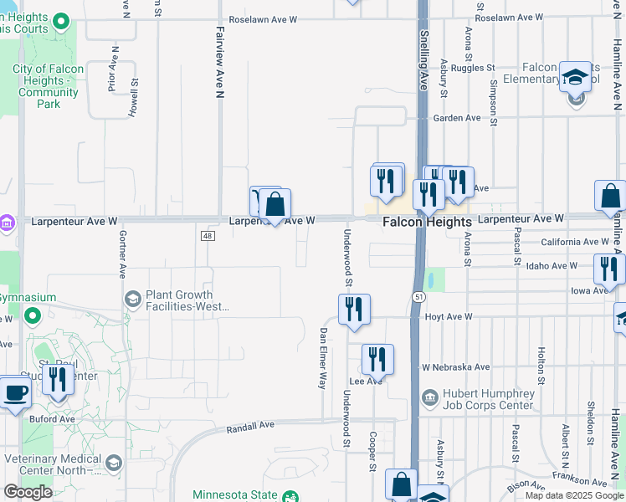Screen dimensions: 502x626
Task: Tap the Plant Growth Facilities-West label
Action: click(x=178, y=300)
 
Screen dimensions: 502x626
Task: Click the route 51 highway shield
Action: click(x=416, y=297)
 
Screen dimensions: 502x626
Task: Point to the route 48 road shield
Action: click(x=206, y=237)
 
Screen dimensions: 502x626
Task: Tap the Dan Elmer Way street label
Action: click(x=321, y=357)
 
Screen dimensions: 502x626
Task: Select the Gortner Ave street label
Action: click(x=122, y=254)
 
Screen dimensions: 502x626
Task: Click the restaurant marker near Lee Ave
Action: click(x=377, y=359)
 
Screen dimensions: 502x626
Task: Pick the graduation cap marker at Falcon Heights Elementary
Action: click(x=575, y=77)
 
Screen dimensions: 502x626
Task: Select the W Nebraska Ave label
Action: click(x=455, y=366)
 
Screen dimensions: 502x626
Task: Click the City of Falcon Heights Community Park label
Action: click(x=49, y=86)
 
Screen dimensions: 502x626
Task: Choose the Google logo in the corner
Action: click(x=28, y=492)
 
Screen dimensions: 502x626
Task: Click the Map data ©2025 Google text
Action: click(x=574, y=495)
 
